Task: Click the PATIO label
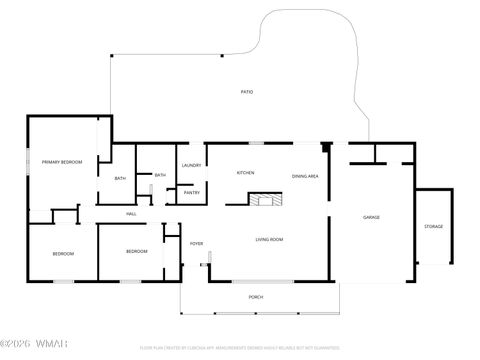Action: [x=246, y=92]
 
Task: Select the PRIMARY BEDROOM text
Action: [x=61, y=161]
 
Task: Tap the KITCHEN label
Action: [x=245, y=173]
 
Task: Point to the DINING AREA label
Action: [x=305, y=176]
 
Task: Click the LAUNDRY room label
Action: [x=192, y=165]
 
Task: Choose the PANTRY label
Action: [x=192, y=192]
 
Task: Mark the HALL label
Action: [x=131, y=214]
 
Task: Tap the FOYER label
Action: [x=197, y=243]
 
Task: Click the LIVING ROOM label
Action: [x=269, y=239]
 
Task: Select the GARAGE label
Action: [x=371, y=217]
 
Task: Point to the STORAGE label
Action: [x=433, y=226]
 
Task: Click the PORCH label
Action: [x=256, y=297]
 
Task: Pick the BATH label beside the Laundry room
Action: [x=160, y=175]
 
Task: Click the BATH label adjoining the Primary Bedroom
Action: [x=120, y=179]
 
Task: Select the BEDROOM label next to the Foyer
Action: [x=137, y=251]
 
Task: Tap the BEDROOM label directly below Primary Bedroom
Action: [x=63, y=253]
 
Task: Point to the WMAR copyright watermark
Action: [x=35, y=347]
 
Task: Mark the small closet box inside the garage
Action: [x=368, y=153]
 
